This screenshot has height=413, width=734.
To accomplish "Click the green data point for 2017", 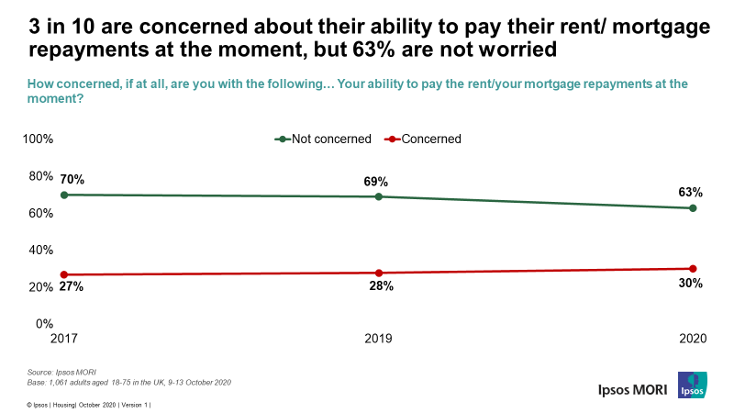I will (64, 195).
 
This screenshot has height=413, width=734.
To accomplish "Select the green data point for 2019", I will (379, 196).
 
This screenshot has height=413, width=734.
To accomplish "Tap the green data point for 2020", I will (693, 208).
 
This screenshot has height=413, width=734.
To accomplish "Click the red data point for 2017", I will (64, 274).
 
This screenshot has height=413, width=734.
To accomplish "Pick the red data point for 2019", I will (379, 273).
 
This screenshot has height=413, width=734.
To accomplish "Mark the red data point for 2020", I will (693, 269).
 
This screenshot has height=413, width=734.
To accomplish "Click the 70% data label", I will (72, 179).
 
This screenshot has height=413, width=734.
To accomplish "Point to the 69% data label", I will (376, 181).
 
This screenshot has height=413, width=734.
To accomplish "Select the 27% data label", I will (72, 287).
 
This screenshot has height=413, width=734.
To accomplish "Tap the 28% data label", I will (382, 286).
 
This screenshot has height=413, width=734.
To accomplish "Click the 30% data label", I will (691, 284).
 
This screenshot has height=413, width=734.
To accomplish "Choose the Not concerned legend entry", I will (323, 140).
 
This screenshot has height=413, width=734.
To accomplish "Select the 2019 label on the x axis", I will (378, 339).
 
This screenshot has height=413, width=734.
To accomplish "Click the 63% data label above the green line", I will (691, 193).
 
